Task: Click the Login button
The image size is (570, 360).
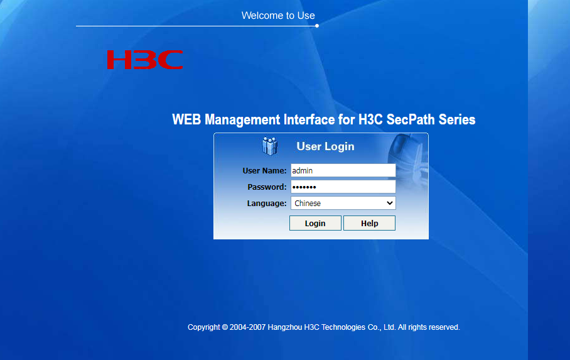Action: (315, 223)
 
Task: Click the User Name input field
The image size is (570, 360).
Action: (343, 170)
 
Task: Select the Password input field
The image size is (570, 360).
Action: (343, 187)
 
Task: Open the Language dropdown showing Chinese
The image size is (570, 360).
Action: (343, 203)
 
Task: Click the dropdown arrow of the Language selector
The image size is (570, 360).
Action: (389, 203)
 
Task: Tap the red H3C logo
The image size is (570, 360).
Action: (145, 60)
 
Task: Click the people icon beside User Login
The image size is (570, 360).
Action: (270, 146)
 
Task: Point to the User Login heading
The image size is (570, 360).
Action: (325, 146)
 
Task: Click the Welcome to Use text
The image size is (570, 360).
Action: (278, 15)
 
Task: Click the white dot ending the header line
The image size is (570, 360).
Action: (317, 26)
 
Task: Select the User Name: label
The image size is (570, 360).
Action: (264, 171)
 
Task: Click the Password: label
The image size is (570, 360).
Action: (267, 187)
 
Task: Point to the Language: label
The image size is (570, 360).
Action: (266, 204)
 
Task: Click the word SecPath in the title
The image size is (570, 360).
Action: (410, 119)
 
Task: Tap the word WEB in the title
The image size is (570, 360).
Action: (186, 119)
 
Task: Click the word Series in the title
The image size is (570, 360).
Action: (457, 119)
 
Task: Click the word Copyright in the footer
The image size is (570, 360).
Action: (204, 327)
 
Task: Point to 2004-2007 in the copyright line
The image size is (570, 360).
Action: (247, 327)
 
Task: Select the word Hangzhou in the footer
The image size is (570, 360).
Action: (284, 327)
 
